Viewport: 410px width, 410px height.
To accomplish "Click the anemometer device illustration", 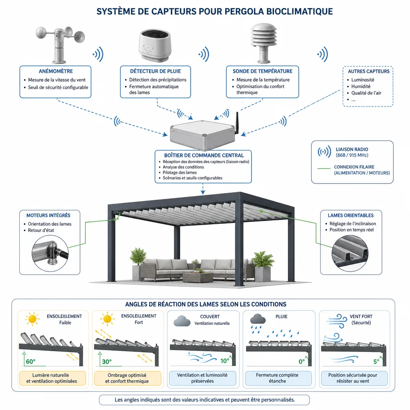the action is tap(60, 44).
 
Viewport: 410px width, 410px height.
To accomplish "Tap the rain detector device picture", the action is tap(155, 46).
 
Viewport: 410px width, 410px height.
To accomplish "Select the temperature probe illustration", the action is tap(263, 43).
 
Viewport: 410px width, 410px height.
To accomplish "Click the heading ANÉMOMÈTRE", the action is tap(56, 71).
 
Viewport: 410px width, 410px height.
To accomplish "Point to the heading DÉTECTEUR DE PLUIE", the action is tap(155, 71).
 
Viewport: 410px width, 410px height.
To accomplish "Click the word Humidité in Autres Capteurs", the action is tap(361, 86).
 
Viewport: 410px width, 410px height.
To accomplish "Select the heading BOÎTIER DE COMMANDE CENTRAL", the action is tap(204, 155).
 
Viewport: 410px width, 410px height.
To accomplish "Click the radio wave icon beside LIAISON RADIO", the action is tap(324, 152).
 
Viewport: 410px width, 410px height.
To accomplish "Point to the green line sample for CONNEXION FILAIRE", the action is tap(324, 169).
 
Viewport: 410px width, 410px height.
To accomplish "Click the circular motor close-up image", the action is tap(50, 253).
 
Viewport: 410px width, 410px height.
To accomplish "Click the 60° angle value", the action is tap(30, 362).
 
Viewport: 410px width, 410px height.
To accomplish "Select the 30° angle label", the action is tap(107, 362).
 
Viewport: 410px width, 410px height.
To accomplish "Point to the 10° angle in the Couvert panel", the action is tap(225, 361).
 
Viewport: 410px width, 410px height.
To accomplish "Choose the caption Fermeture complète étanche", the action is tap(277, 378).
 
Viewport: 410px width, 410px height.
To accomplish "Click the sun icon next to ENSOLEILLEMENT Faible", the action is tap(32, 319).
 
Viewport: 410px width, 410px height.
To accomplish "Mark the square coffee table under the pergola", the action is tap(198, 277).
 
